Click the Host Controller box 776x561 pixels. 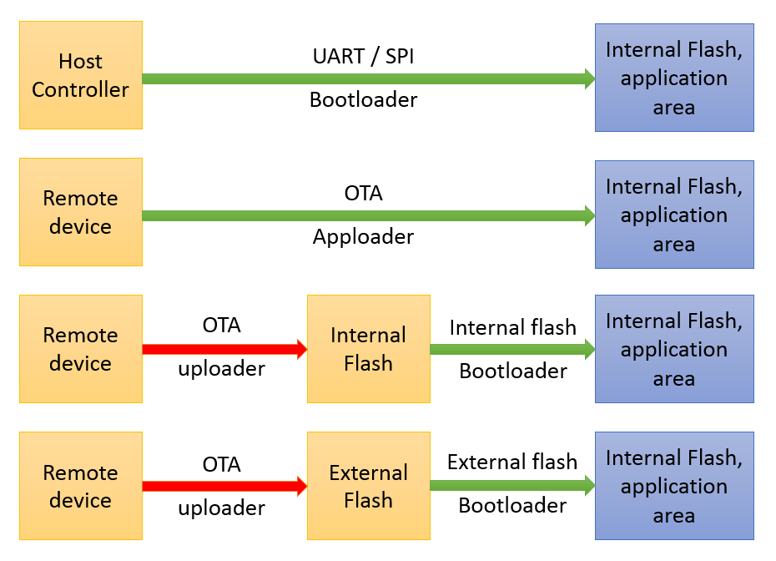(x=80, y=75)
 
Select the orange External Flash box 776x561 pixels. (x=368, y=486)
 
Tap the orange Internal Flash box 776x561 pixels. (x=368, y=349)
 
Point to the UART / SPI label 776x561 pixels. (x=363, y=57)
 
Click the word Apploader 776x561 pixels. (x=363, y=237)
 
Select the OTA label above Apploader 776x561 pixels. (x=363, y=194)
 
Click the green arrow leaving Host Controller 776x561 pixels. (x=367, y=79)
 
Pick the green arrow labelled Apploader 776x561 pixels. (x=367, y=216)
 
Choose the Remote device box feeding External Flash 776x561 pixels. (x=80, y=486)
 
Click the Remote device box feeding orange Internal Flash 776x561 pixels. (x=80, y=349)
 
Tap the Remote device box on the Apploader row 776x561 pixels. (x=80, y=212)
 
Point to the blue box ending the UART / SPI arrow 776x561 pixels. (x=673, y=78)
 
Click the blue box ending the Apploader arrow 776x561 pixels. (x=673, y=215)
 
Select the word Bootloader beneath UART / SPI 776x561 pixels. (x=363, y=100)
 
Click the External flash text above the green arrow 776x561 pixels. (x=511, y=462)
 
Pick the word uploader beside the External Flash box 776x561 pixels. (x=221, y=508)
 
